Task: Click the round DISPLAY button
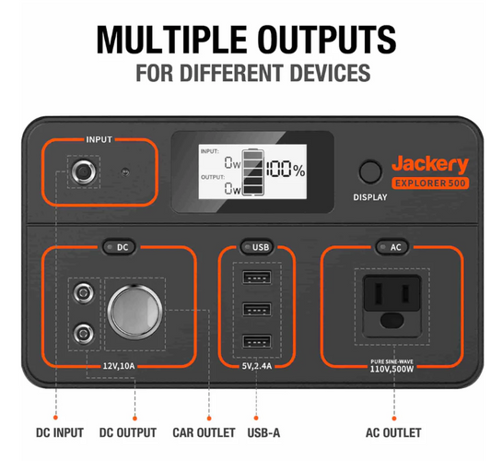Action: [370, 171]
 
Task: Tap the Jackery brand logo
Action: [430, 164]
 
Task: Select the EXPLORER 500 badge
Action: [430, 183]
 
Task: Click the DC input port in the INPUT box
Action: [84, 171]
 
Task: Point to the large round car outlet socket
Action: [135, 313]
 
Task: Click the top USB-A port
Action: [257, 278]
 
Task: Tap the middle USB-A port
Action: [257, 309]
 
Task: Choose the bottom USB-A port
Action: [257, 341]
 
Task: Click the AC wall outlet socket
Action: [392, 306]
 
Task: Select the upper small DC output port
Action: [83, 293]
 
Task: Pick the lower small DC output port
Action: [83, 334]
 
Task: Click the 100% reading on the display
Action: [286, 170]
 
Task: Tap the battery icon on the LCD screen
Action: [253, 172]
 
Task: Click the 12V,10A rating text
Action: [119, 366]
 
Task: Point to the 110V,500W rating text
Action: [392, 369]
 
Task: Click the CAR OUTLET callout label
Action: [204, 432]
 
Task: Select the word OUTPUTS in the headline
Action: [327, 40]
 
